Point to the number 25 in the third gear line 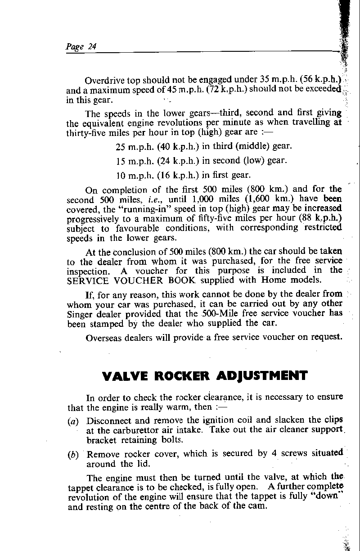(120, 147)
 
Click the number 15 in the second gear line (120, 160)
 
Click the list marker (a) (72, 421)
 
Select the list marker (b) (72, 454)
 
